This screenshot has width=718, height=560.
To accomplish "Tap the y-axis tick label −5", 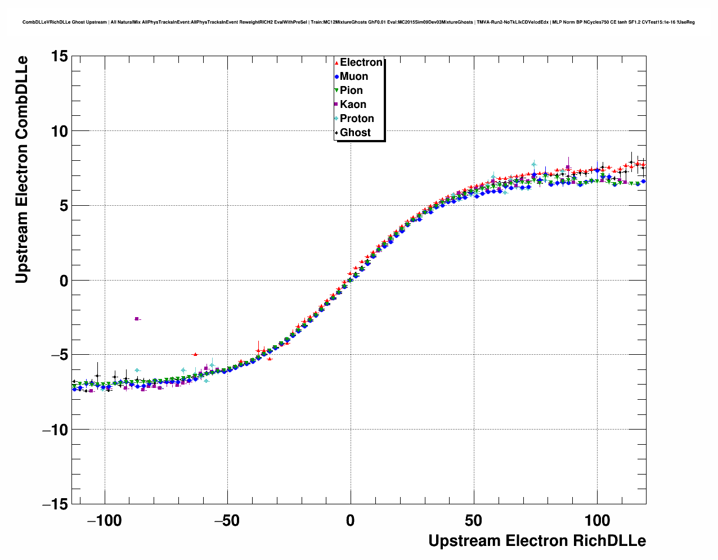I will point(55,355).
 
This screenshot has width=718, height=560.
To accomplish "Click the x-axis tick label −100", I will point(104,521).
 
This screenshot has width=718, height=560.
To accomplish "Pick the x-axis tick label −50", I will point(227,521).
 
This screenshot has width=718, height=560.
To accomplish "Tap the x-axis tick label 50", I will point(474,521).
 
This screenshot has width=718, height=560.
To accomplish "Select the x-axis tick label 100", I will point(597,521).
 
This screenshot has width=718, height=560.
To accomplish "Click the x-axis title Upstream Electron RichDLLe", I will point(537,541).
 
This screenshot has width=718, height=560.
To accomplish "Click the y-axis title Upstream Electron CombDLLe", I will point(21,169).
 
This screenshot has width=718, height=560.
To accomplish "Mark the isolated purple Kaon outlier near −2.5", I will point(137,319).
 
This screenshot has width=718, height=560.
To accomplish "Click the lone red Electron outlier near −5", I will point(195,354).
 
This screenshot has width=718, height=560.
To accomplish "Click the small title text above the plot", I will point(358,22).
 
